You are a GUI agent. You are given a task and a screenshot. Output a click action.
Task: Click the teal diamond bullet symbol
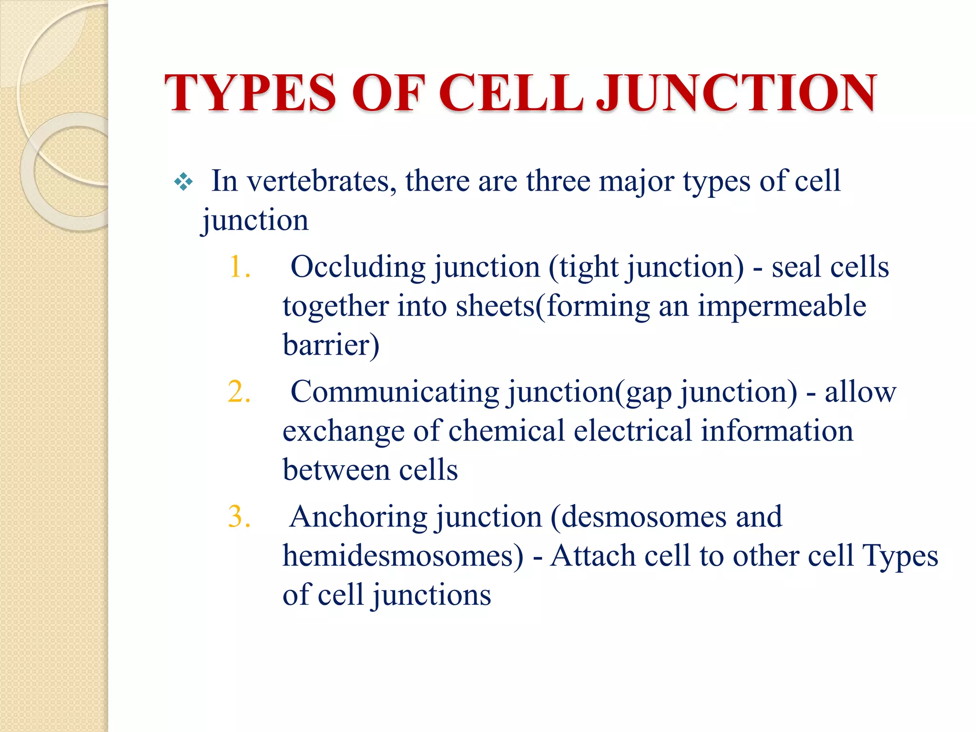click(183, 182)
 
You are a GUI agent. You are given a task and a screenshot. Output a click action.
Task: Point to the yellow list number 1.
click(239, 267)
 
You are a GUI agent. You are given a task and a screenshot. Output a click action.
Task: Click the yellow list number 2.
click(239, 392)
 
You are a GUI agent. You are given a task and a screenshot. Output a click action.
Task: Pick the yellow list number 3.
click(239, 517)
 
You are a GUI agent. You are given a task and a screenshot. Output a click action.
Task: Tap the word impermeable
click(782, 306)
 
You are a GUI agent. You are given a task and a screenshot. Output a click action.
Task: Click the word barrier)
click(331, 345)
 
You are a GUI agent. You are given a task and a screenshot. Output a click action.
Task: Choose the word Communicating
click(395, 392)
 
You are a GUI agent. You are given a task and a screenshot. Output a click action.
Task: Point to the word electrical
click(632, 431)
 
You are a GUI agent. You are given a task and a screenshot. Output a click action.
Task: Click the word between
click(336, 470)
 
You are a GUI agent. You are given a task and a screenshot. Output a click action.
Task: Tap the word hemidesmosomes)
click(403, 556)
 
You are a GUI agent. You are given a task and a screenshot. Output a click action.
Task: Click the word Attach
click(592, 556)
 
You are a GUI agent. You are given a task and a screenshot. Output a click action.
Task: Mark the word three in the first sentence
click(558, 182)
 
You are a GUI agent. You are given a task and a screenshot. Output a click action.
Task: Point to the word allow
click(860, 392)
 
